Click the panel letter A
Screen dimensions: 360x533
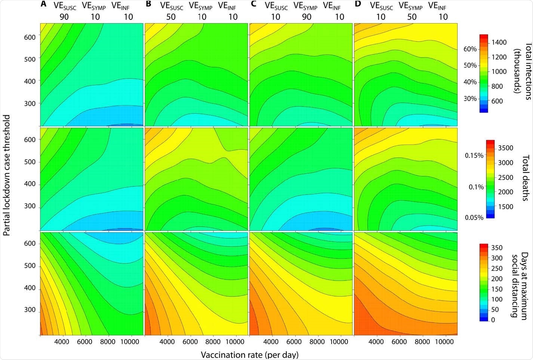(x=44, y=4)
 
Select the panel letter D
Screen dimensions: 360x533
(x=358, y=4)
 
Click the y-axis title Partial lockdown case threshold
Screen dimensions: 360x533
(x=6, y=175)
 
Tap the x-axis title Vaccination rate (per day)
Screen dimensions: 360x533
(x=249, y=354)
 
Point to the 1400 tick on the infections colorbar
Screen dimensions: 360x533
(x=499, y=42)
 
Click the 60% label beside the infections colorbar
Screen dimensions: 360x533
(x=470, y=49)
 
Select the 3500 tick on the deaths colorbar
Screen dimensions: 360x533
(x=505, y=148)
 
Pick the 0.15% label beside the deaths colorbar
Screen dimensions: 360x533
(x=474, y=155)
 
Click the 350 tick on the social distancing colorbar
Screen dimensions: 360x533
(x=497, y=248)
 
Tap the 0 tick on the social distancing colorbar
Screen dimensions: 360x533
(x=493, y=320)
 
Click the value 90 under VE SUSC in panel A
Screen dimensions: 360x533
(x=64, y=17)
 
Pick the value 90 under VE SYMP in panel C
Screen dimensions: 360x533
(x=306, y=17)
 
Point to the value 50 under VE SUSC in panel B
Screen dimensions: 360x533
(x=171, y=17)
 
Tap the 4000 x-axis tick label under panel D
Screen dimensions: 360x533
(x=376, y=342)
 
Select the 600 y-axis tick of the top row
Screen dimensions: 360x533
(x=30, y=37)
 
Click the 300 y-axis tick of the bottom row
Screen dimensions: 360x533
(x=30, y=310)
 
